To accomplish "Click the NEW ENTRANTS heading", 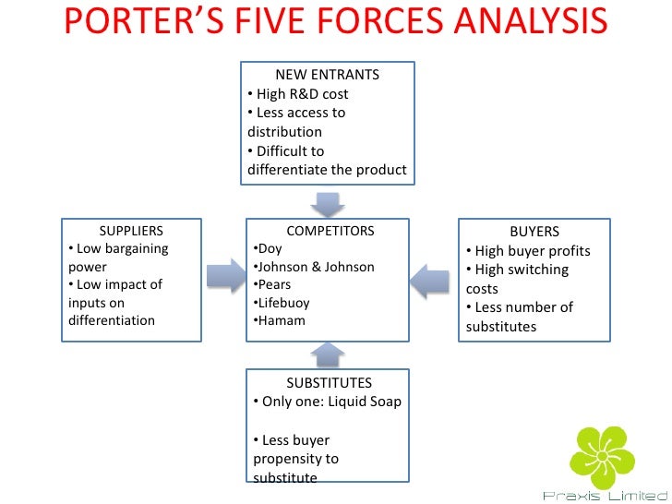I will (x=327, y=75).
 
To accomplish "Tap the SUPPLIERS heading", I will (x=131, y=231).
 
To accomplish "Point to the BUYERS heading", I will (x=534, y=232).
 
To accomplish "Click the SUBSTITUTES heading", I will (x=329, y=382).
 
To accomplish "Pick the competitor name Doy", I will (x=270, y=249).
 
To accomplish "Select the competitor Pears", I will (x=274, y=284).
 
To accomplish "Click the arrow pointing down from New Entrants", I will (x=328, y=202).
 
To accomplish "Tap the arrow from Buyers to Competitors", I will (x=430, y=280).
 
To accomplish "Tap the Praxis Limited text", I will (x=605, y=496).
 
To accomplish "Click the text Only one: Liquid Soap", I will (x=329, y=402).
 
